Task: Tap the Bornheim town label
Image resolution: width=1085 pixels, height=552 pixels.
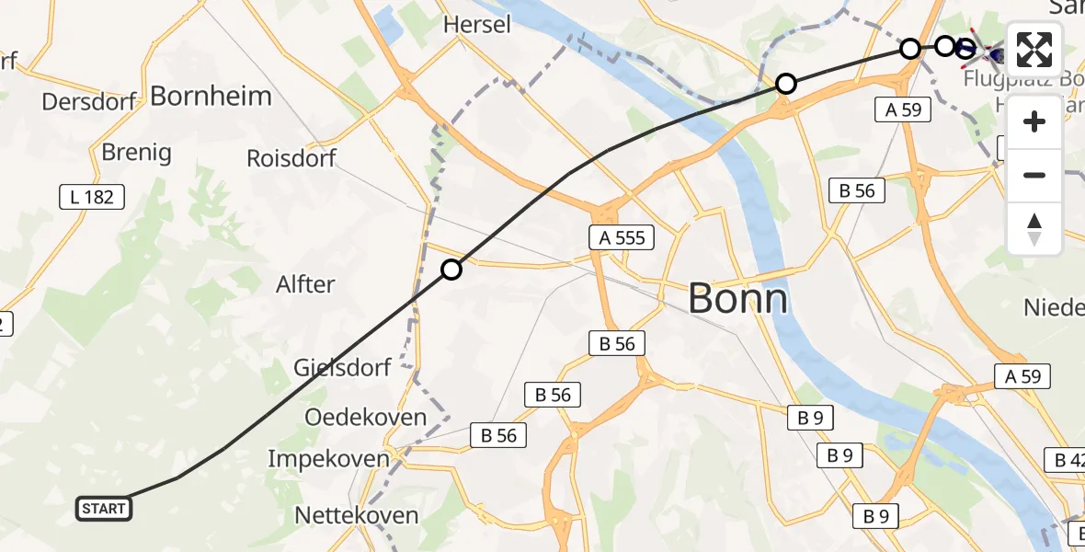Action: [211, 96]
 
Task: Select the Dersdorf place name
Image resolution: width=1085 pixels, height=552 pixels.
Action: [89, 101]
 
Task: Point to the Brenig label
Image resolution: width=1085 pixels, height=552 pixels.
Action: [137, 152]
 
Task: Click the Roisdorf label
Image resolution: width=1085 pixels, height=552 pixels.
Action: [291, 157]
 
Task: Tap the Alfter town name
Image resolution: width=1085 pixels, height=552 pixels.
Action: [305, 284]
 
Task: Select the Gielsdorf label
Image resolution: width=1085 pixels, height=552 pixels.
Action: [342, 367]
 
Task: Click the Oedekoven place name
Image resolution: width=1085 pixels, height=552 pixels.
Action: [366, 417]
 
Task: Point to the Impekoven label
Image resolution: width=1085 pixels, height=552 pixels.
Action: [326, 457]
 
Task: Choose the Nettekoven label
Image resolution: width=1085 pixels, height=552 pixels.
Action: [357, 515]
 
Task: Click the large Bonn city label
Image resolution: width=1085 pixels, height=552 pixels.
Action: [737, 299]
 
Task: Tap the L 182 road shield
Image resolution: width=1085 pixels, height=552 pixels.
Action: [91, 196]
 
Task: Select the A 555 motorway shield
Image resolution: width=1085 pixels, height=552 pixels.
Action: [622, 238]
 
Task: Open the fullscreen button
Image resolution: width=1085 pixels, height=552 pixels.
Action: [1034, 50]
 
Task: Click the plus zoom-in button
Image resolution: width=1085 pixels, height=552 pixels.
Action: [1034, 121]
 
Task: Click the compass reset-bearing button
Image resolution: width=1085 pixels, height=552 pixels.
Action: [1034, 229]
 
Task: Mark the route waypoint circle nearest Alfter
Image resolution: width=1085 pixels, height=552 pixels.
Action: [451, 270]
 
